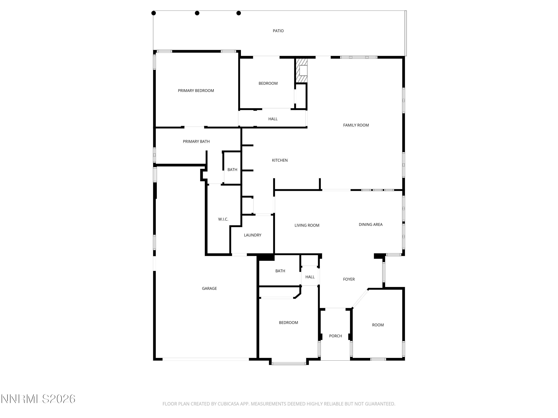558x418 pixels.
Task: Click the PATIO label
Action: coord(278,31)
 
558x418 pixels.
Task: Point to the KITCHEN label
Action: coord(280,160)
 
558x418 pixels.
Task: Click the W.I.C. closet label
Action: coord(223,219)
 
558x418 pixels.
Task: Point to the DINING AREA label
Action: coord(370,224)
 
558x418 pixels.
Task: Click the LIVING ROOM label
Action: coord(307,225)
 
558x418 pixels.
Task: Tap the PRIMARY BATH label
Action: coord(196,141)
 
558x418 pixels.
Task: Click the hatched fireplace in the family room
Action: coord(302,71)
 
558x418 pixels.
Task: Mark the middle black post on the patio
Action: coord(197,13)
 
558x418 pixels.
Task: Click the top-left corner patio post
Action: coord(153,13)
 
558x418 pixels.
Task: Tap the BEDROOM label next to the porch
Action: coord(288,322)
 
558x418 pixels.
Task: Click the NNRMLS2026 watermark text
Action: coord(38,399)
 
